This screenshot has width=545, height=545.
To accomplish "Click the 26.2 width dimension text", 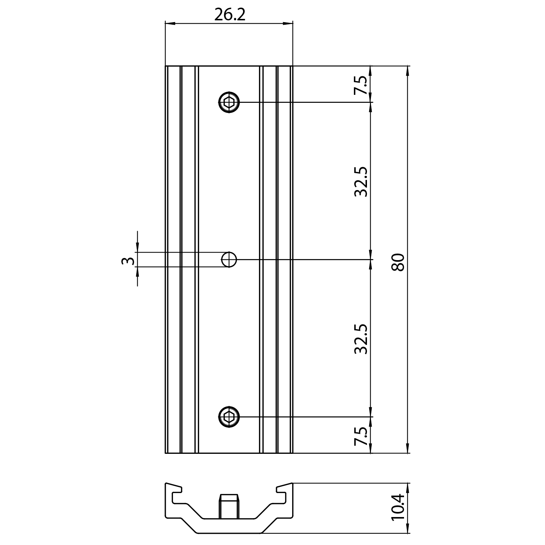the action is click(x=230, y=15).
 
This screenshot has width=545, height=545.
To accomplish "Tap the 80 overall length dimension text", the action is click(x=398, y=262).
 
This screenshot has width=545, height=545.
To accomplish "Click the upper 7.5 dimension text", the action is click(x=361, y=85).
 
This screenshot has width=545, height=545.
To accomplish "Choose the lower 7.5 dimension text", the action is click(x=361, y=436).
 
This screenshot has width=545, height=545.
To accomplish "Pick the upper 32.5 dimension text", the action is click(x=361, y=182).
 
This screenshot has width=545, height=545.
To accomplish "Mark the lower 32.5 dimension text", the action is click(x=361, y=339).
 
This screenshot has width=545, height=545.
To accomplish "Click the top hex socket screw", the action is click(x=229, y=102).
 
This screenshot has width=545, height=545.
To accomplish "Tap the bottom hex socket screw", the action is click(x=229, y=416).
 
